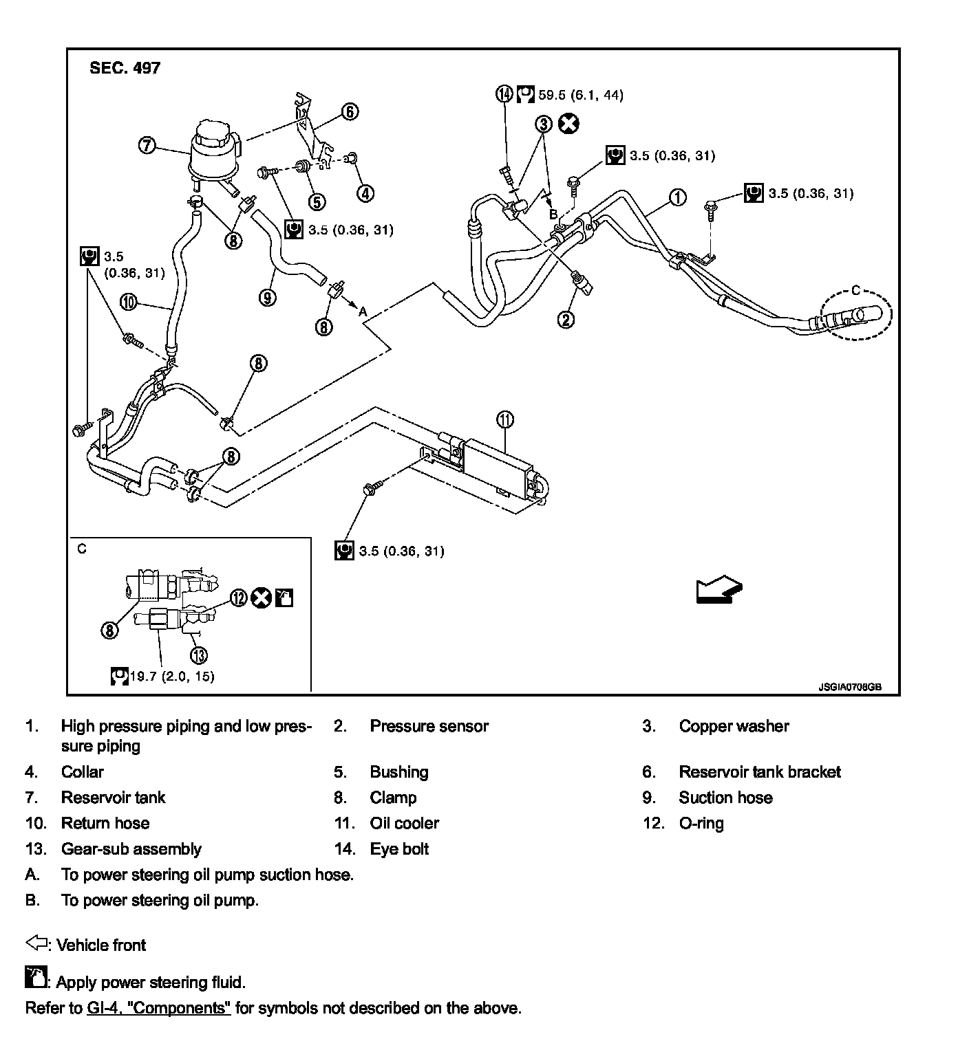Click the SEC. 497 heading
[125, 68]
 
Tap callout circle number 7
[147, 146]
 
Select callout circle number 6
[350, 111]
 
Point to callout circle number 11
[505, 419]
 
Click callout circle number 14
[505, 94]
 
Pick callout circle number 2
[566, 319]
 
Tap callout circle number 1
[678, 197]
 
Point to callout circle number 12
[238, 598]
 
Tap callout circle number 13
[199, 655]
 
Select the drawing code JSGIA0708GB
[850, 686]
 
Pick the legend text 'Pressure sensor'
[429, 726]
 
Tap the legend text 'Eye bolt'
[399, 849]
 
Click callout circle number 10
[129, 301]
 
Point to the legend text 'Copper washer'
[734, 726]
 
